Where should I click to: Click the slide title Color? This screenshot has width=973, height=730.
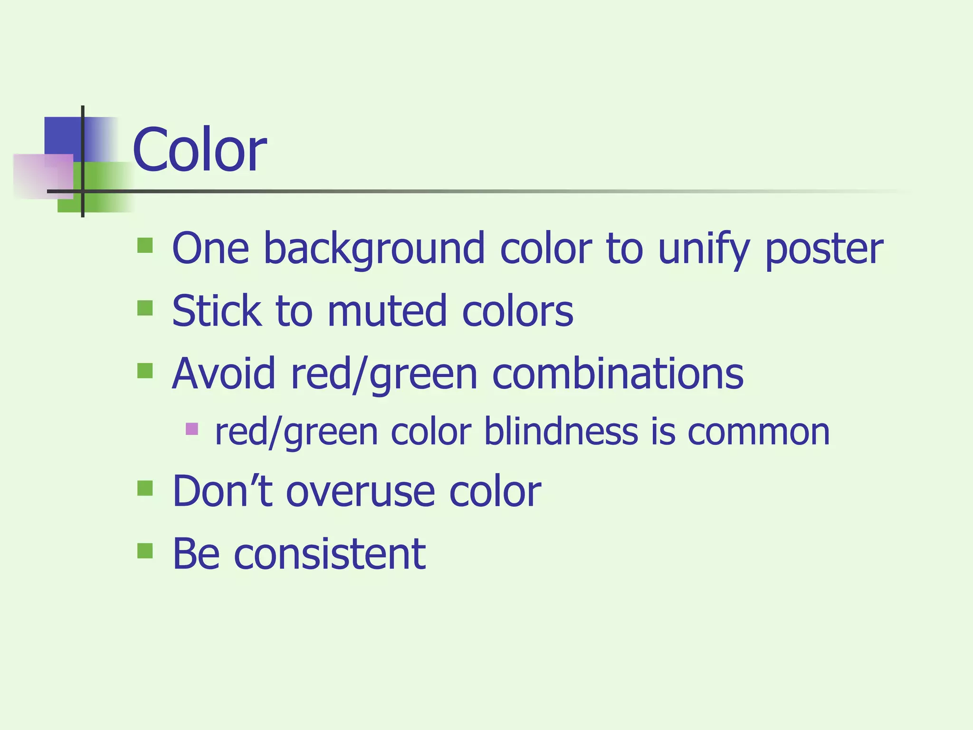coord(199,150)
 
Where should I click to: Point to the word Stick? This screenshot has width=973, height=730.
coord(216,311)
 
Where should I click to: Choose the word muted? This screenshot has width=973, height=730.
coord(387,311)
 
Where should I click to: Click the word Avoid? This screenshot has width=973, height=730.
coord(223,374)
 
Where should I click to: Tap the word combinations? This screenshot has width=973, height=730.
coord(618,374)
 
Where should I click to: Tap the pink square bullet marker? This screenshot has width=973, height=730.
coord(192,429)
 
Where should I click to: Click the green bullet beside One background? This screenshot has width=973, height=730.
coord(145,245)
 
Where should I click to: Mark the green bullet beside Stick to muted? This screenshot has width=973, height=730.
coord(145,308)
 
